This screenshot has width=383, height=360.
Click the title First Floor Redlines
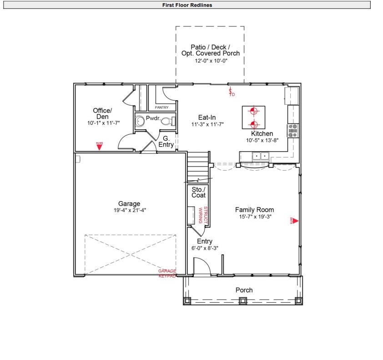coord(187,5)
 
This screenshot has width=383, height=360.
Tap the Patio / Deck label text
coord(210,47)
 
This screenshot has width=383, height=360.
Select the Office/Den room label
coord(102,113)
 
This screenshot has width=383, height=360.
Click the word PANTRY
coord(161,107)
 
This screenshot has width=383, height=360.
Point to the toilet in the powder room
coord(167,121)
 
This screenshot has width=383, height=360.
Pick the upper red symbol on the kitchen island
coord(253,111)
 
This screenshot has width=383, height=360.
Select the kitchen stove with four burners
coord(293,131)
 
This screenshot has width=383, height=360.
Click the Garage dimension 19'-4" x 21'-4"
coord(129,210)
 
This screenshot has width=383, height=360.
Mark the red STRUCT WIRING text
coord(202,215)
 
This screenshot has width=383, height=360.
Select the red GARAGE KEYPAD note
coord(167,274)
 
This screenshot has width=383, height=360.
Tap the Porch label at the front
coord(244,290)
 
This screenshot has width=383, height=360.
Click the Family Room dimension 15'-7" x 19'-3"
coord(254,217)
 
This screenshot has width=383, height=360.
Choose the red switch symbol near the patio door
coord(231,92)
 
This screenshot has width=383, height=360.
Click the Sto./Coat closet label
coord(198,192)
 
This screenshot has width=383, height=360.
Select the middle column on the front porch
coord(243,300)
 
